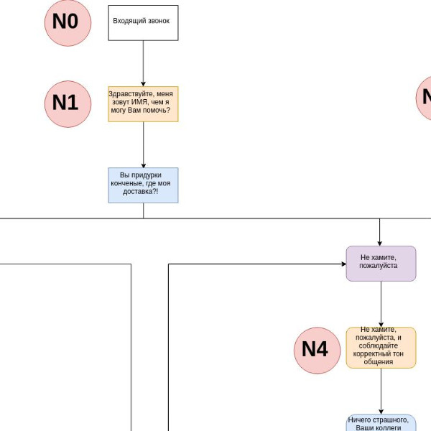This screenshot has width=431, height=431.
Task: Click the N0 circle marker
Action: pyautogui.click(x=68, y=23)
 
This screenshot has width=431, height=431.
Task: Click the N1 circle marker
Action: pyautogui.click(x=68, y=104)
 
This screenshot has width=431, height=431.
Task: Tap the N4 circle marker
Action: pyautogui.click(x=318, y=351)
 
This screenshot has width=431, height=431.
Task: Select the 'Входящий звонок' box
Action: pyautogui.click(x=143, y=23)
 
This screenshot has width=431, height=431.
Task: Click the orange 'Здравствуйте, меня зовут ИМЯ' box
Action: pyautogui.click(x=143, y=104)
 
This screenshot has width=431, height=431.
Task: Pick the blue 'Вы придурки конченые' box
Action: pyautogui.click(x=143, y=185)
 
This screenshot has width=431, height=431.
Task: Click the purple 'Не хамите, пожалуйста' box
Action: pyautogui.click(x=381, y=264)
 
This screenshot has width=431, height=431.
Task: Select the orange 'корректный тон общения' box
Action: pyautogui.click(x=381, y=348)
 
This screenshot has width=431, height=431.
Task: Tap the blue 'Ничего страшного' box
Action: pyautogui.click(x=381, y=422)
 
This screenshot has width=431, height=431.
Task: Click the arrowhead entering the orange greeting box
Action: pyautogui.click(x=143, y=84)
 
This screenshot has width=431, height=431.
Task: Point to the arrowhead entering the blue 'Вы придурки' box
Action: pyautogui.click(x=143, y=165)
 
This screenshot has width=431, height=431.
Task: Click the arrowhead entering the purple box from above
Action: pyautogui.click(x=379, y=244)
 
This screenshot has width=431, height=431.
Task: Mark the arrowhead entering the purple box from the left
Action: pyautogui.click(x=344, y=264)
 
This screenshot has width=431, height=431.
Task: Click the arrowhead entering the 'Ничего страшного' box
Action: pyautogui.click(x=381, y=412)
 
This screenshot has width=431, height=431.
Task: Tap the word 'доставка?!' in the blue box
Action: pyautogui.click(x=141, y=191)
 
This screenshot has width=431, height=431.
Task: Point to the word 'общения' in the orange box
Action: pyautogui.click(x=379, y=362)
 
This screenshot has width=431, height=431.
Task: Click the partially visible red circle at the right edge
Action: pyautogui.click(x=424, y=98)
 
